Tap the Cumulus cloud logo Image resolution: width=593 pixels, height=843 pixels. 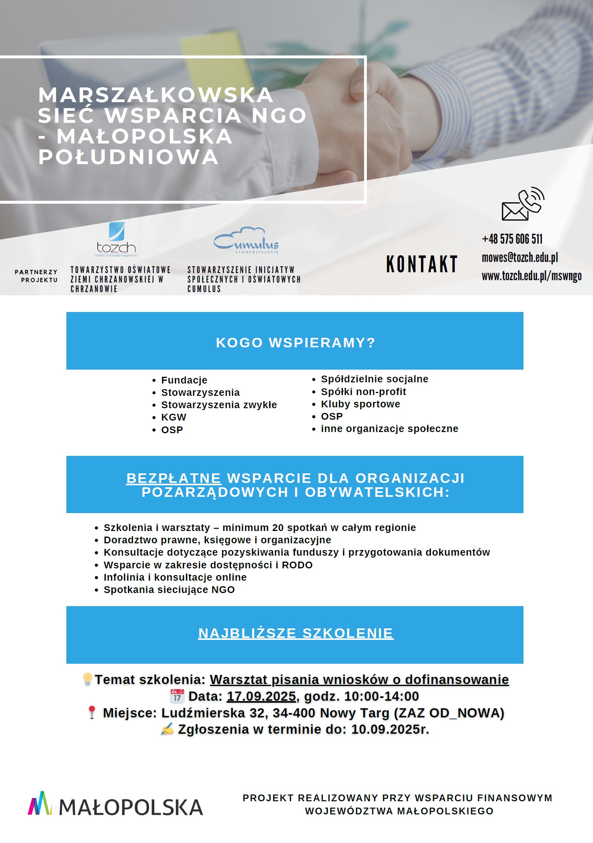pos(246,240)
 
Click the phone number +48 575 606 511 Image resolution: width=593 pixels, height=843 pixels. pos(512,239)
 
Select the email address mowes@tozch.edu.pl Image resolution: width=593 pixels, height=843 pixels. pos(519,258)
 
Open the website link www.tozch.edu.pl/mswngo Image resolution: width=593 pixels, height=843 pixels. pos(531,276)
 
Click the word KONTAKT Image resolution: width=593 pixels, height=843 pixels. pos(422,264)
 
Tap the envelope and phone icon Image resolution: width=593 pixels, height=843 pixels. pos(523,204)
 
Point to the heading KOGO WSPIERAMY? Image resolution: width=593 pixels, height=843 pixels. pos(295,343)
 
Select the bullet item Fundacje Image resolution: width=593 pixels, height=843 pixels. pos(184,380)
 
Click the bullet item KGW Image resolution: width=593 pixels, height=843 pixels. pos(174,417)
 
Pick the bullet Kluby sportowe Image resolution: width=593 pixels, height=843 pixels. pos(360,404)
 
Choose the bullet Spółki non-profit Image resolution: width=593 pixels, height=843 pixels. pos(363,392)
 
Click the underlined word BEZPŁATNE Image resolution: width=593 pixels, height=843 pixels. pos(174,478)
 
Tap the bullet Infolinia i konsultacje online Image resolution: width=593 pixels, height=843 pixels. pos(175,578)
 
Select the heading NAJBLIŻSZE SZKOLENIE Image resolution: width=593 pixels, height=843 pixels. pos(296,633)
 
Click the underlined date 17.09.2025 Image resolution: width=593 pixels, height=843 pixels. pos(262,696)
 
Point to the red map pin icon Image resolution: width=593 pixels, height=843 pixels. pos(92,712)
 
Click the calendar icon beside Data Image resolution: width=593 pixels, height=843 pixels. pos(177,696)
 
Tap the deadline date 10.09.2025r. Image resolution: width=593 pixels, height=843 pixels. pos(390,729)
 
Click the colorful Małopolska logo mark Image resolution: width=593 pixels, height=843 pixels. pos(40,804)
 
